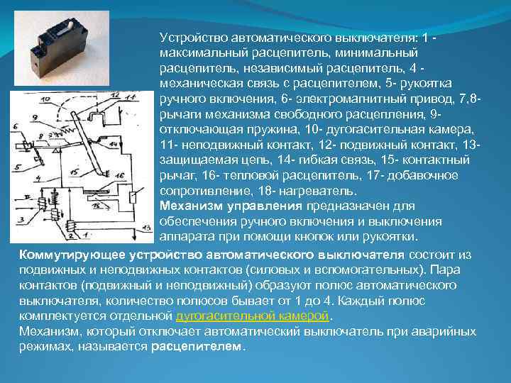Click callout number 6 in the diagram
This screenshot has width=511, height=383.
(14, 128)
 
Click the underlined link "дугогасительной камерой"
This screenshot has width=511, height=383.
(253, 315)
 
